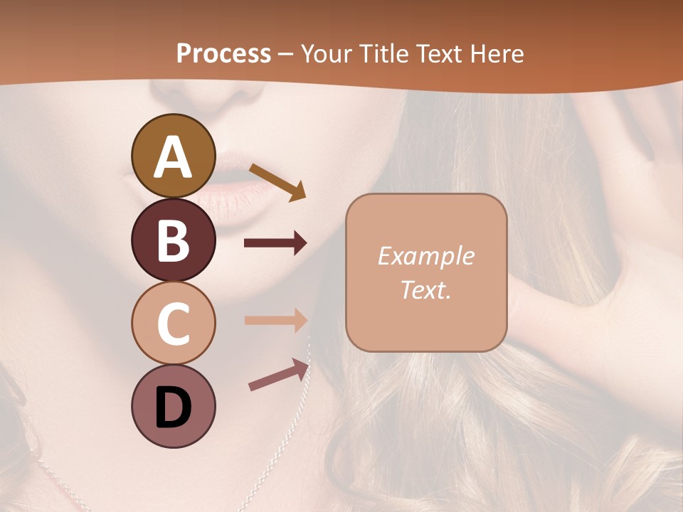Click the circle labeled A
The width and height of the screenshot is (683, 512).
tap(173, 156)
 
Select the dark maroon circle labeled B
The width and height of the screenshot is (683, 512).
tap(173, 240)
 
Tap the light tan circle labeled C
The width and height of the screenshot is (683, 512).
tap(173, 324)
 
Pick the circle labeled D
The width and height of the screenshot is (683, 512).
tap(173, 407)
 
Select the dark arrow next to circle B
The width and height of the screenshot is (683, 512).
tap(275, 243)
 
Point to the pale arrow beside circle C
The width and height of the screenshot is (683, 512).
tap(275, 320)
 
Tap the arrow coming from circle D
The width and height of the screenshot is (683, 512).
tap(279, 375)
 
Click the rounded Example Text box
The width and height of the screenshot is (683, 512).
tap(426, 272)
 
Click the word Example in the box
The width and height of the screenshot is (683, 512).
tap(425, 256)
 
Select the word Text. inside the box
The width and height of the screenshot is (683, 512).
tap(425, 289)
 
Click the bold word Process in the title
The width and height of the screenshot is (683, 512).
tap(223, 53)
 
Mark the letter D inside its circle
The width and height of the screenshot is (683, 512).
tap(173, 407)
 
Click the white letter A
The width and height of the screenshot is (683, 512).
tap(173, 156)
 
